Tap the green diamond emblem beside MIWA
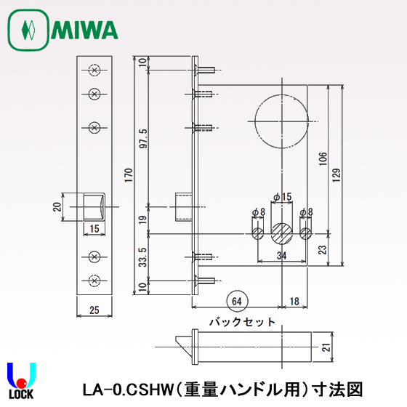point(28,31)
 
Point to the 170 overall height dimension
point(129,176)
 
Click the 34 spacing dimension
point(281,255)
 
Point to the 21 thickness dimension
point(324,348)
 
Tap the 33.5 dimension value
point(143,257)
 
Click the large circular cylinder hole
point(281,119)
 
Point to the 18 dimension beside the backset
point(293,300)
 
